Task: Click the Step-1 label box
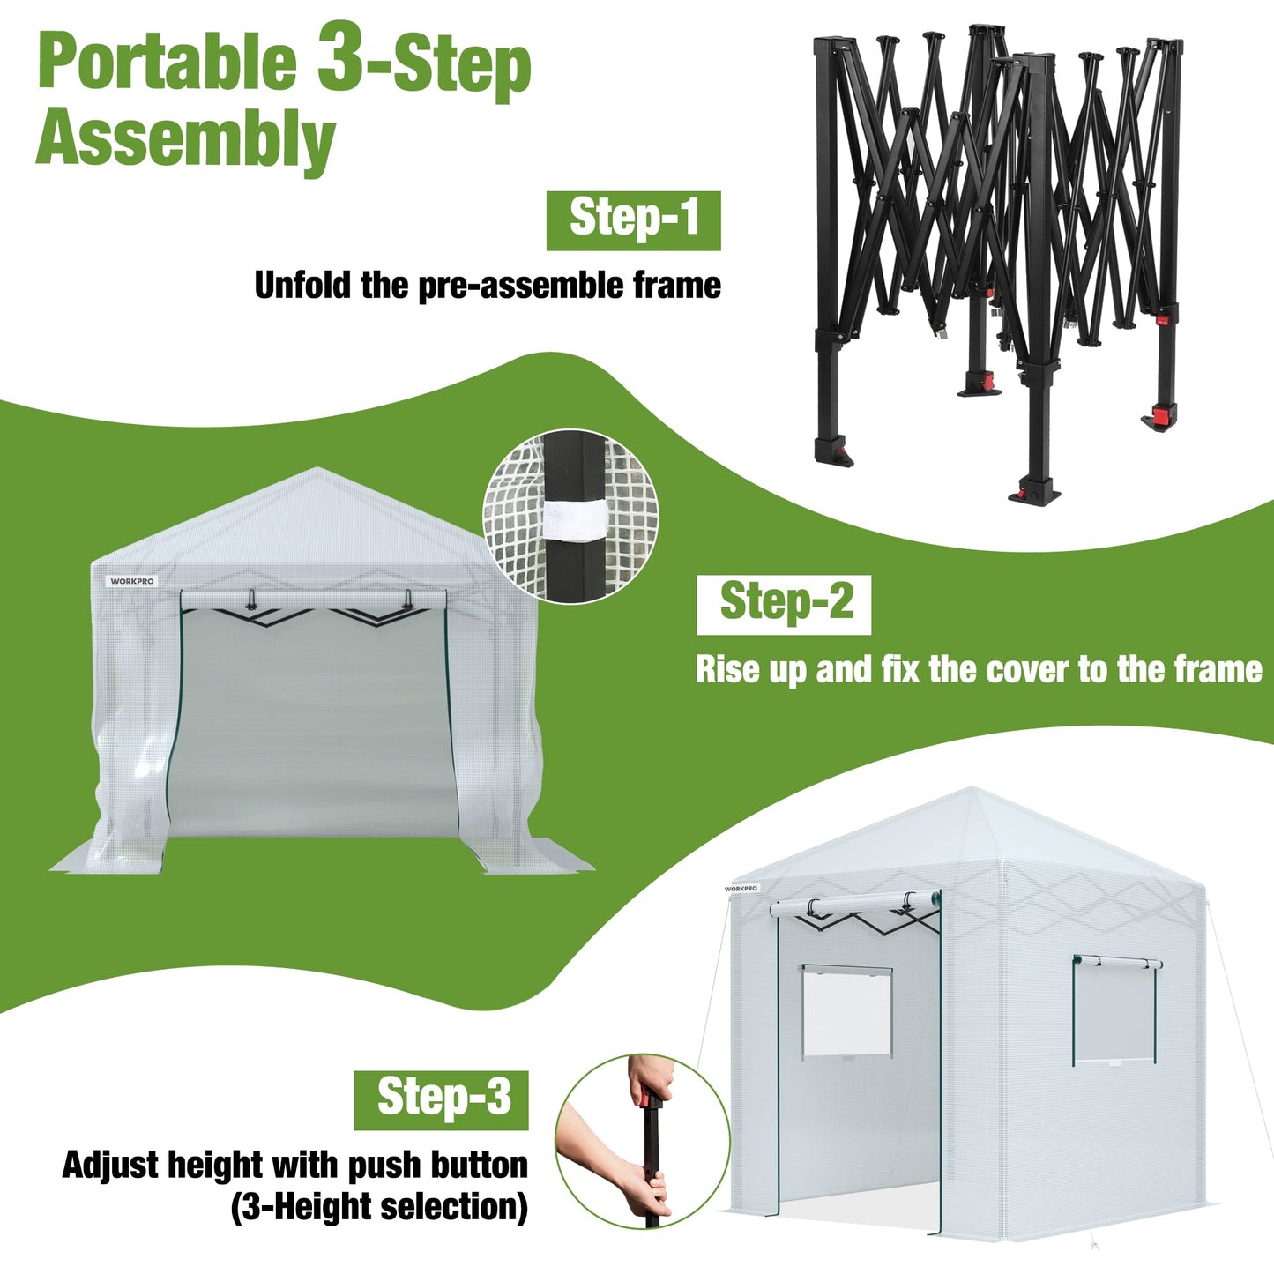[x=633, y=220]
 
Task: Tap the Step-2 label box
[x=784, y=605]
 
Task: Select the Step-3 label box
[x=441, y=1099]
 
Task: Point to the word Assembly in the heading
[x=185, y=138]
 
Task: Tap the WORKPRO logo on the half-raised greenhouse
[x=132, y=582]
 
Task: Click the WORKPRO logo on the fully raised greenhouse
[x=741, y=889]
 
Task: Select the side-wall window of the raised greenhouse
[x=1114, y=1010]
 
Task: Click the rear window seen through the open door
[x=846, y=1012]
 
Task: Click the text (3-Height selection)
[x=379, y=1206]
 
